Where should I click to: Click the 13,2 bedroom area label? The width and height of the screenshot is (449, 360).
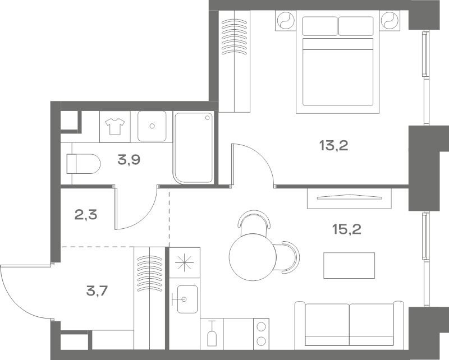[x=333, y=146]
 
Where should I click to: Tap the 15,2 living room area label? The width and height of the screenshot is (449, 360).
[x=346, y=229]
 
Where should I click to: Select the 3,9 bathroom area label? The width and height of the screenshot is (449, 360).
[x=129, y=160]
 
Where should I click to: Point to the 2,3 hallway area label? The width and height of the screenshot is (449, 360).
[x=86, y=215]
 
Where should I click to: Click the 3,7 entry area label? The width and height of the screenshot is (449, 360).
[x=97, y=292]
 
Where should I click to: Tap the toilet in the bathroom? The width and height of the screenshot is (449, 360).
[x=84, y=164]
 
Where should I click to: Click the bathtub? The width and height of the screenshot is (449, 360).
[x=194, y=148]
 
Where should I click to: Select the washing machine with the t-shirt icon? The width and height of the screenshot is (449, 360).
[x=115, y=127]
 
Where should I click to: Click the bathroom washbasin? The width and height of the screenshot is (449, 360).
[x=152, y=126]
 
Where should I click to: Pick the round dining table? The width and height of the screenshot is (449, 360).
[x=253, y=257]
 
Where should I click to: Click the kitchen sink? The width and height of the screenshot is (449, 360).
[x=187, y=299]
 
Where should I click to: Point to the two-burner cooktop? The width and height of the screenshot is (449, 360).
[x=261, y=334]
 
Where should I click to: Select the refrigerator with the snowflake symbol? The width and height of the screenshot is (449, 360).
[x=185, y=262]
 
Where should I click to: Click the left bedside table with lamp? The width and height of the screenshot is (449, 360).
[x=286, y=20]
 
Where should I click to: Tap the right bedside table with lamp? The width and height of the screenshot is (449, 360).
[x=390, y=20]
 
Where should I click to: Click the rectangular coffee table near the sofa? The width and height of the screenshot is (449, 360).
[x=349, y=265]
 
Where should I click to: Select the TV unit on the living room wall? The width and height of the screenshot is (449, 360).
[x=349, y=199]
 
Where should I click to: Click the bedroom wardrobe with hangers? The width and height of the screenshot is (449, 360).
[x=235, y=61]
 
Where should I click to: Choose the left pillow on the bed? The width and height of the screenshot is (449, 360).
[x=320, y=26]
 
